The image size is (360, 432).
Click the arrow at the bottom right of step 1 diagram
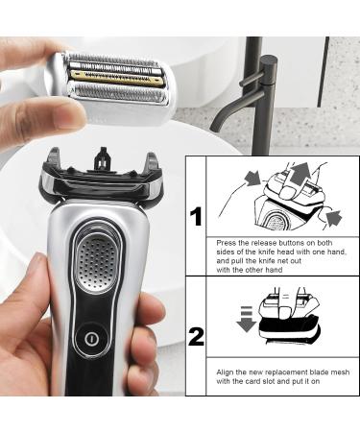(332, 220)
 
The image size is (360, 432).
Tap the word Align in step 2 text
(228, 372)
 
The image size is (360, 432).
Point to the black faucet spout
(227, 116)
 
